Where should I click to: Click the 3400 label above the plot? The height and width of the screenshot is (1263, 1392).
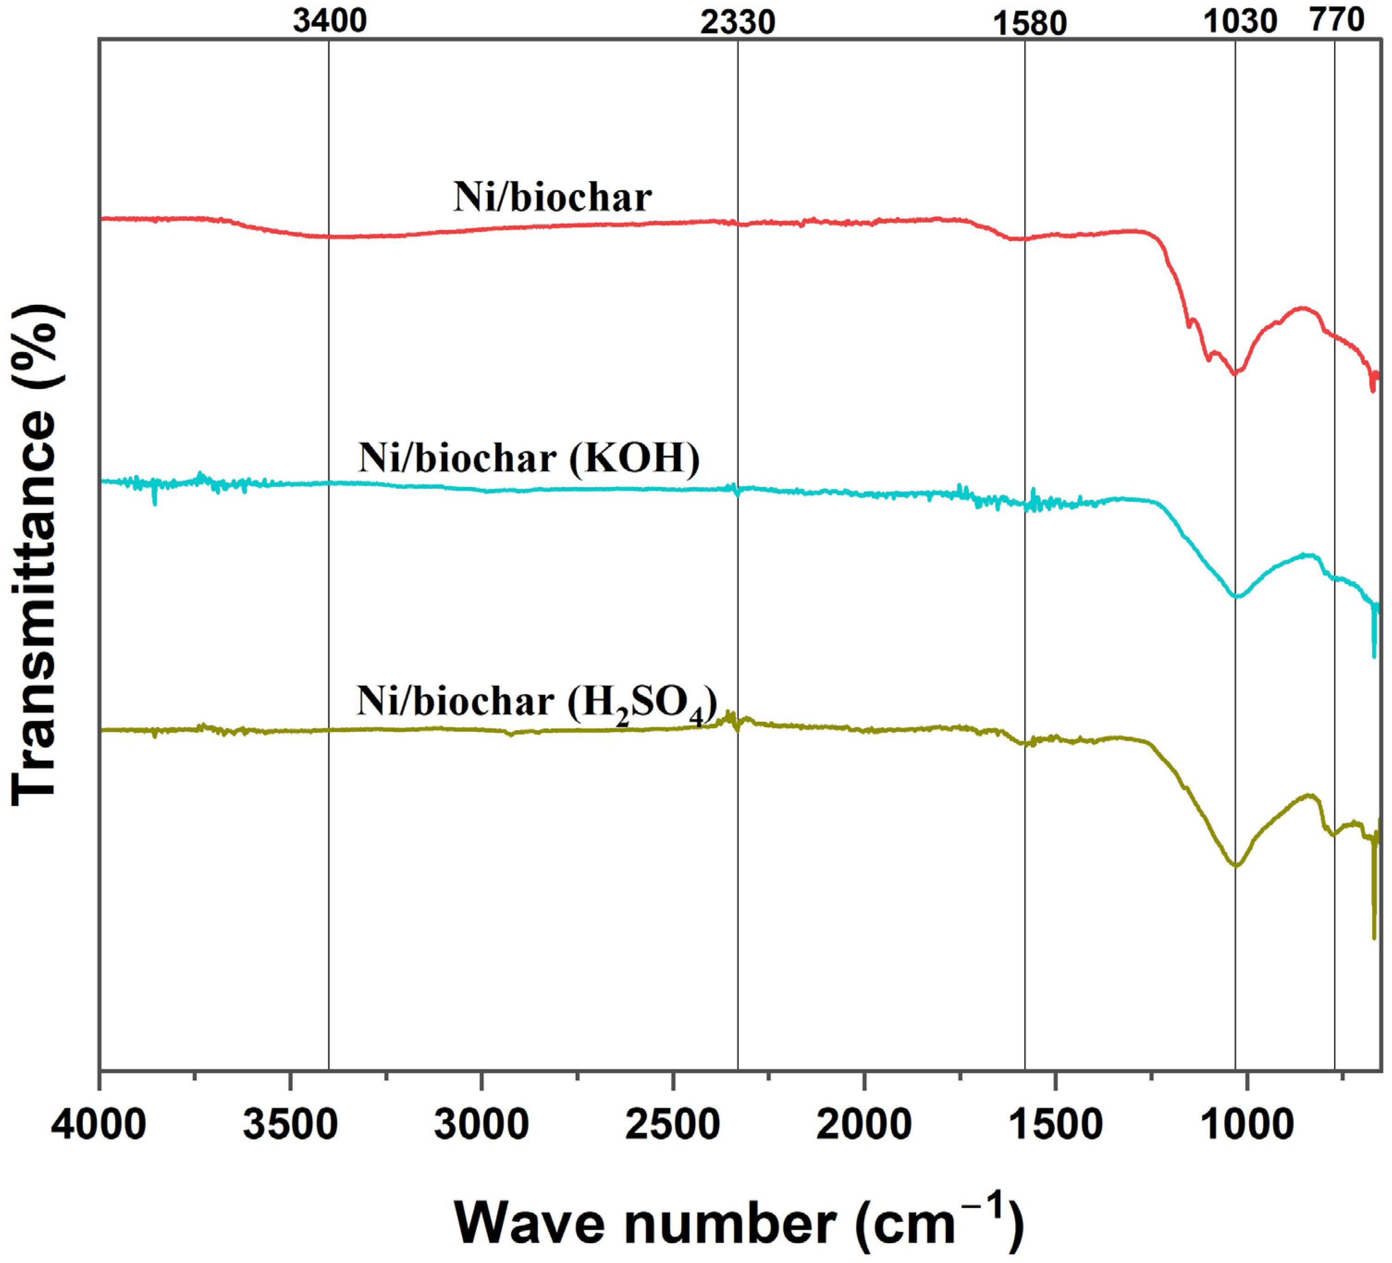click(329, 21)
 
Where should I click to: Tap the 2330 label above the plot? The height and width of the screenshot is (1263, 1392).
click(738, 23)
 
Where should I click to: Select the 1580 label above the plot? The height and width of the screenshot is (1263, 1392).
click(1029, 24)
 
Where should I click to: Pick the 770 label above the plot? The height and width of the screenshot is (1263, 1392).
click(1337, 20)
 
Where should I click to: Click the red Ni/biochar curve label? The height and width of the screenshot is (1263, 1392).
click(552, 197)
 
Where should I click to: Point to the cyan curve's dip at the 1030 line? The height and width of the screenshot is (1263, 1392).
click(1236, 596)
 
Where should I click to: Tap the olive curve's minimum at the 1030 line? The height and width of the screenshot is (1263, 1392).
click(1236, 865)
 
